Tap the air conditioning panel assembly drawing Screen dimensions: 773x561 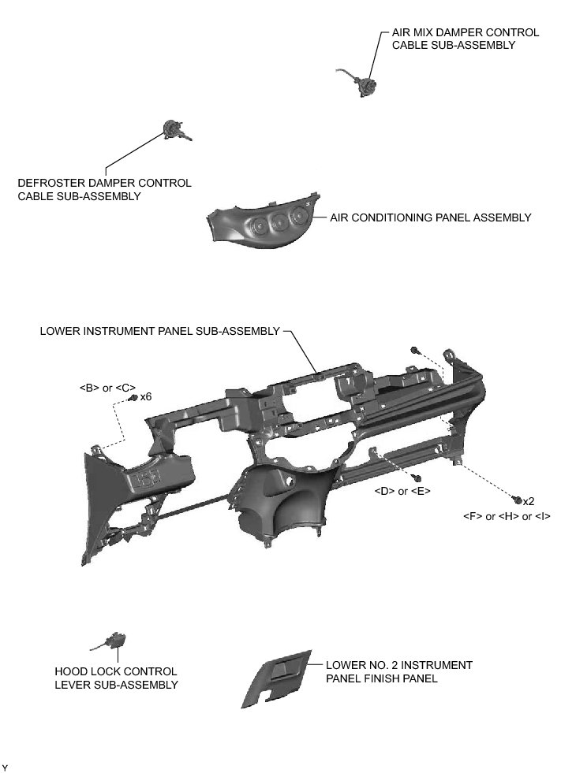coord(260,224)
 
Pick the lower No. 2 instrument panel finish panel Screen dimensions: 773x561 coord(277,678)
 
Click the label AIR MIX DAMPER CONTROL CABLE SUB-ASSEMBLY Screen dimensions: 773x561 coord(465,39)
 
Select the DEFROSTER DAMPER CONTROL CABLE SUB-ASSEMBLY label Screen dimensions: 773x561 coord(104,189)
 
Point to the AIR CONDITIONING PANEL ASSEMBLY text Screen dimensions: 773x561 coord(430,217)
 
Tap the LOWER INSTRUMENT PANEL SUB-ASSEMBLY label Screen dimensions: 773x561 coord(159,331)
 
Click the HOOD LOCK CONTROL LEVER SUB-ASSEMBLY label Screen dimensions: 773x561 coord(116,678)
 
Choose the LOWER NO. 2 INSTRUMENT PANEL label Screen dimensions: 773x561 coord(398,671)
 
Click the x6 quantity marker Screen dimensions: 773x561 coord(146,396)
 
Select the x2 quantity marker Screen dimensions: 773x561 coord(529,501)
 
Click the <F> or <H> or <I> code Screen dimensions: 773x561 coord(506,516)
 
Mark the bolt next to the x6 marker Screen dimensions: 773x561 coord(133,397)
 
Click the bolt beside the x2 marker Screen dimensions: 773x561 coord(517,500)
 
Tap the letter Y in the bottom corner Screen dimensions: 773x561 coord(5,767)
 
